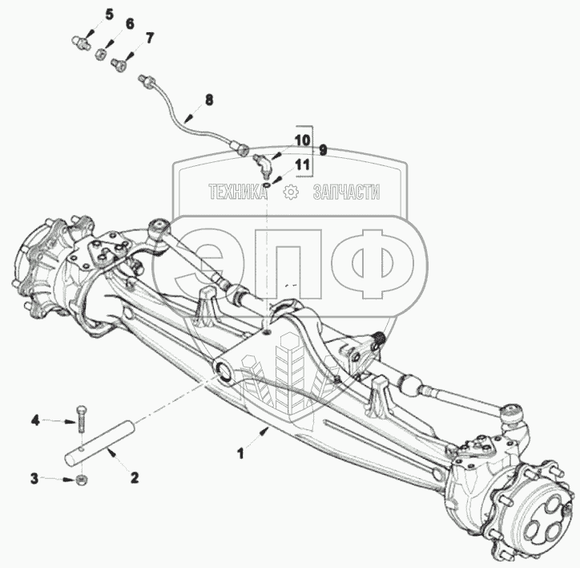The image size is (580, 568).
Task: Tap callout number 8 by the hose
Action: (209, 100)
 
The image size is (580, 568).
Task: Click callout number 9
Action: (323, 150)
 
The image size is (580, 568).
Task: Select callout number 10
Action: (300, 140)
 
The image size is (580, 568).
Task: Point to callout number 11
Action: (300, 165)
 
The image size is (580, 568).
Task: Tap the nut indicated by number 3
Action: (82, 480)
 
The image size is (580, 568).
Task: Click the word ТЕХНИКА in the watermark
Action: (237, 193)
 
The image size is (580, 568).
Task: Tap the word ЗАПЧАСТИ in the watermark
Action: (346, 193)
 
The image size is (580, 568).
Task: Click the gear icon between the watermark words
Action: (291, 192)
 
